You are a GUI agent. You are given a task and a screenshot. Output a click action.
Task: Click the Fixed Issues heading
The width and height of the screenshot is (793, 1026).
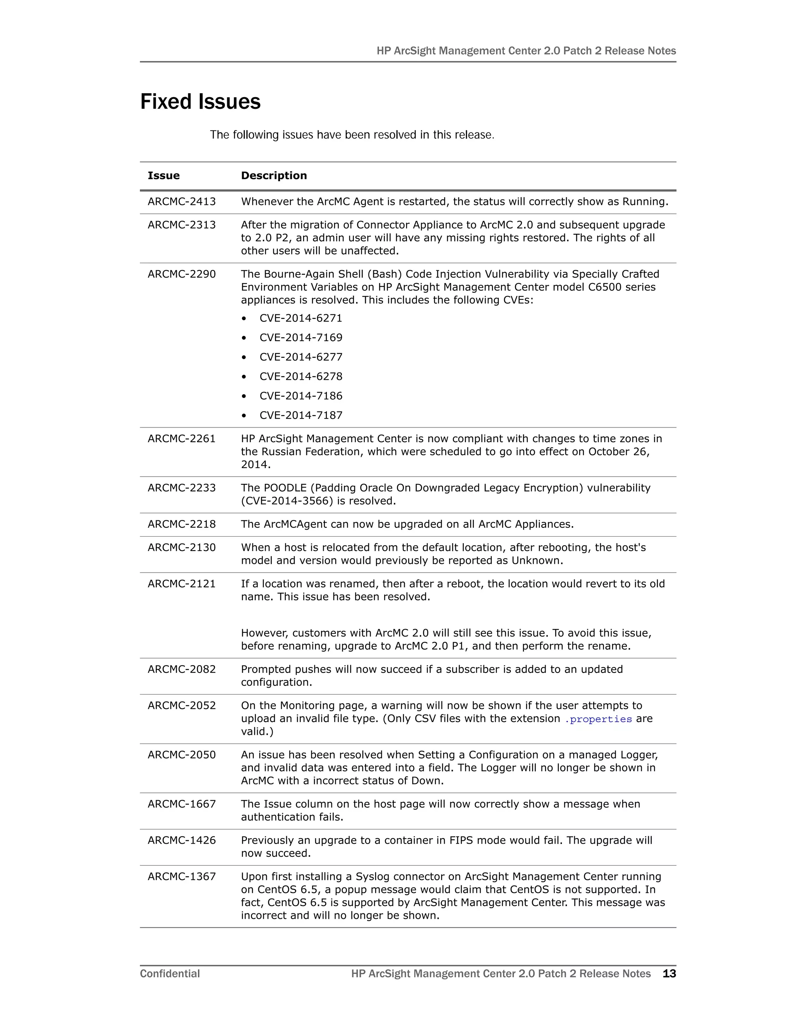(x=200, y=102)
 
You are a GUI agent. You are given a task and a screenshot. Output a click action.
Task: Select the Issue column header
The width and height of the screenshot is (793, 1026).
(x=163, y=176)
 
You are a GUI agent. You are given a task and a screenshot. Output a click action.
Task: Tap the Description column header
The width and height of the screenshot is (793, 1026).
(x=274, y=176)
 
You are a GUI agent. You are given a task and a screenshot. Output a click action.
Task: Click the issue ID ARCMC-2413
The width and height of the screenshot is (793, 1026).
(x=182, y=202)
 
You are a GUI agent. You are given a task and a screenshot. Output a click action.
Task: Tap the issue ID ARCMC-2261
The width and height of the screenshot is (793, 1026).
(x=182, y=438)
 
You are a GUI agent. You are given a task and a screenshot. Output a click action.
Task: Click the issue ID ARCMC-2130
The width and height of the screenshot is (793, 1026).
(x=182, y=547)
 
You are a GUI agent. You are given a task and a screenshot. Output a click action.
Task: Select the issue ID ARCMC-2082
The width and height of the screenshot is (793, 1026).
(x=182, y=669)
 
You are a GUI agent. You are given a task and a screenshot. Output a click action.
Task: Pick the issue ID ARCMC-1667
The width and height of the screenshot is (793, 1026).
(x=182, y=804)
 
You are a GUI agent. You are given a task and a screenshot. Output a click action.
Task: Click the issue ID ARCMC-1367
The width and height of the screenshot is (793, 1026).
(x=182, y=877)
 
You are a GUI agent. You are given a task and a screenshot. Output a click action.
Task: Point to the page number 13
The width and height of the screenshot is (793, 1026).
(x=669, y=973)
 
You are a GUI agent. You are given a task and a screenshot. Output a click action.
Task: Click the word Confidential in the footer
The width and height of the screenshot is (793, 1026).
(x=170, y=973)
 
